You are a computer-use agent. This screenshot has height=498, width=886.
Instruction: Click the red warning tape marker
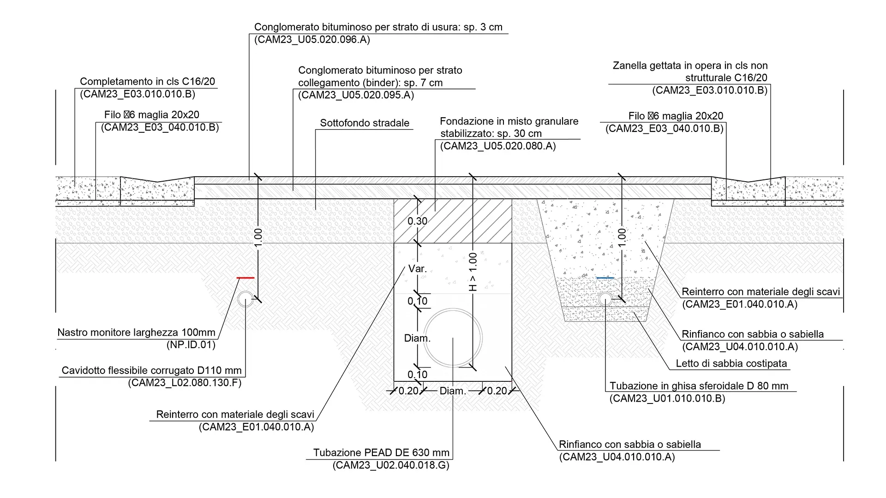[245, 278]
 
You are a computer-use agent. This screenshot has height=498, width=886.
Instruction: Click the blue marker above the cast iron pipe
[605, 278]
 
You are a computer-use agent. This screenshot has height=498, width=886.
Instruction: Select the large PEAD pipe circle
[453, 337]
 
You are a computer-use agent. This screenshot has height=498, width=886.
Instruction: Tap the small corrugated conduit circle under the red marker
[245, 299]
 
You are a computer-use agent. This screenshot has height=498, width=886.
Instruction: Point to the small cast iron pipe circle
[605, 299]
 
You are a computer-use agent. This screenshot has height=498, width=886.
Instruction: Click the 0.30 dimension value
[417, 221]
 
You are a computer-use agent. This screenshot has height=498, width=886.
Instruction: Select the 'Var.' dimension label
[417, 268]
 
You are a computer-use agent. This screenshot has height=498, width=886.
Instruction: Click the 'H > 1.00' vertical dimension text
[473, 272]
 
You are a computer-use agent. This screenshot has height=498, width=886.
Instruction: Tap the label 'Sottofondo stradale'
[365, 123]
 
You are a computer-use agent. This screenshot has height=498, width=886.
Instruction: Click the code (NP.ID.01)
[191, 344]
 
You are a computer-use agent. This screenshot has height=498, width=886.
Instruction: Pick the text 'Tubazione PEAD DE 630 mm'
[381, 453]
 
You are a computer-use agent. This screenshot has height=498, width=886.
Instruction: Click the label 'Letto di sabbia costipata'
[731, 363]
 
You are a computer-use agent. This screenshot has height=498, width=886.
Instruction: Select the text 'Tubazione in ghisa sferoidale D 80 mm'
[699, 386]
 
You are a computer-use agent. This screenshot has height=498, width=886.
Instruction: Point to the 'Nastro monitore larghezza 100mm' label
[136, 332]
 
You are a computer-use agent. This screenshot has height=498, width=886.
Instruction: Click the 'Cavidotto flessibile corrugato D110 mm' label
[151, 370]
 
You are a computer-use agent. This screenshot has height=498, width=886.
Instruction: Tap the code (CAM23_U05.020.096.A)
[312, 40]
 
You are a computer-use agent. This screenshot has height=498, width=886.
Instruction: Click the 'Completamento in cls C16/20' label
[147, 82]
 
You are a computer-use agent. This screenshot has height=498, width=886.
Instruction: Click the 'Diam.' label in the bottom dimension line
[452, 391]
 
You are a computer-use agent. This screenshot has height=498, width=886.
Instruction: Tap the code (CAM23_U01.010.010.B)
[667, 398]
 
